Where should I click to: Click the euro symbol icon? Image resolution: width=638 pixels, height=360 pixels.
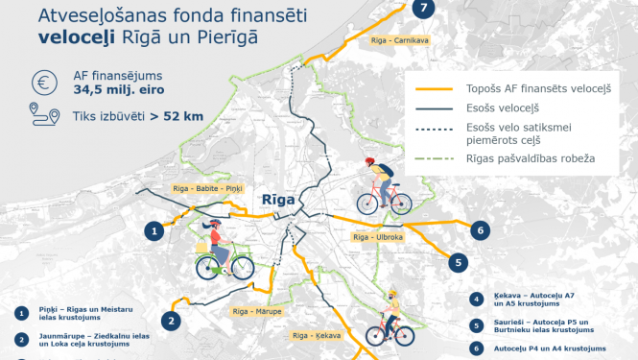[42, 82]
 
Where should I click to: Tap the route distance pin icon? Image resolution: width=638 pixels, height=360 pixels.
[42, 116]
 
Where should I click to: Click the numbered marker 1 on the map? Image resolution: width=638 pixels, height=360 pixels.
[154, 230]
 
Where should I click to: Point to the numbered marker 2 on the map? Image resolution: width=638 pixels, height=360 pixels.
[170, 321]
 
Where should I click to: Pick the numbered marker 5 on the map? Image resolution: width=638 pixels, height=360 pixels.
[459, 261]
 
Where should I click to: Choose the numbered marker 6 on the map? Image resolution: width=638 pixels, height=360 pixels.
[481, 229]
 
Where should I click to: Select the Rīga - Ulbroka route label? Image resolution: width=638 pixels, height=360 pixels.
[375, 236]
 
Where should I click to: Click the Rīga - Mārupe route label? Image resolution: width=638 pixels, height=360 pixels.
[256, 312]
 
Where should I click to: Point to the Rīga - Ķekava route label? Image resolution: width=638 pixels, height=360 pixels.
[316, 335]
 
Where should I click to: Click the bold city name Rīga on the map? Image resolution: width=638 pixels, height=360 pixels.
[278, 198]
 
